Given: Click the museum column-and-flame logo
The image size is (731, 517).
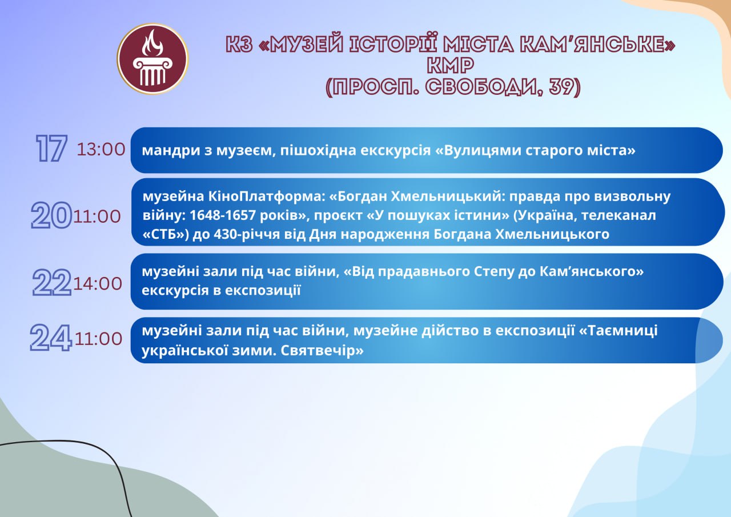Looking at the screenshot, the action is click(152, 59).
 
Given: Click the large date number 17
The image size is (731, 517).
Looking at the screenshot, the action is click(51, 149).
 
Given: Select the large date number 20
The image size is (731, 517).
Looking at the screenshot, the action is click(51, 215).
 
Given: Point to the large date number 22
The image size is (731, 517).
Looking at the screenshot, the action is click(52, 283).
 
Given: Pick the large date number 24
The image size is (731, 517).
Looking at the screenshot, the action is click(51, 338).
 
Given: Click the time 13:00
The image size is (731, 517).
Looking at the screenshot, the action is click(101, 150).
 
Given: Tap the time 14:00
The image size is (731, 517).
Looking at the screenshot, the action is click(98, 283).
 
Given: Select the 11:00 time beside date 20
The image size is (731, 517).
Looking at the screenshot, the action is click(97, 217).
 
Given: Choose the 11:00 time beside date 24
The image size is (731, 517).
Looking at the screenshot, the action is click(98, 338).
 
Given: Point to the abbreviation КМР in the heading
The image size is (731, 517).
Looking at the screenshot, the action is click(451, 65).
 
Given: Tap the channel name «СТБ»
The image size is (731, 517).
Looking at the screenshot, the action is click(166, 234).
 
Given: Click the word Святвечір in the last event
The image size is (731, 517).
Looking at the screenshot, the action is click(322, 351).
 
